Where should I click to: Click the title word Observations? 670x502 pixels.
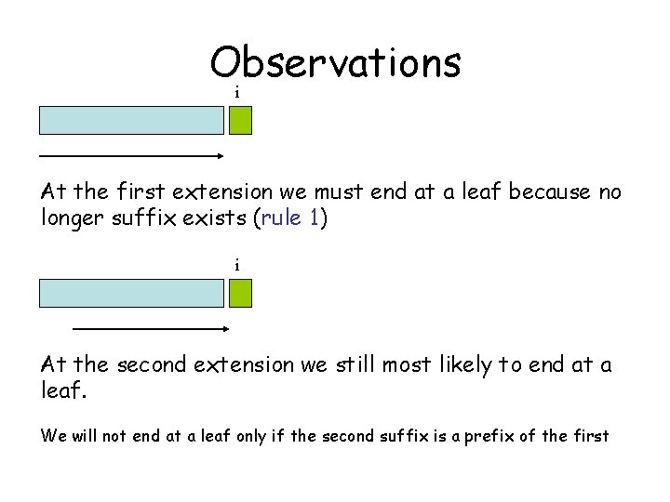point(335,63)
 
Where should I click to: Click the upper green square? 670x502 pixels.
point(241,121)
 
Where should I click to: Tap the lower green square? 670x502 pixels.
point(241,294)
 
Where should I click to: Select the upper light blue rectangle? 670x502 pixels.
point(131,121)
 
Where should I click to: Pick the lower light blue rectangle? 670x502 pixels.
point(131,294)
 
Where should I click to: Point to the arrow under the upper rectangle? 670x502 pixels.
point(131,156)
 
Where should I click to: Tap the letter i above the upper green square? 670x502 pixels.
point(237,93)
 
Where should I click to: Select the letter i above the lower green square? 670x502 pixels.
point(237,266)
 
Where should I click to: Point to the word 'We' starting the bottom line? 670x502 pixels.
point(52,435)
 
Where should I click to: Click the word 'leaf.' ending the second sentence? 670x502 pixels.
point(63,391)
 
